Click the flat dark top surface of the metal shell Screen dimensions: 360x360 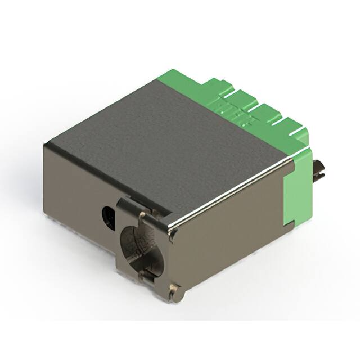169,141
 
